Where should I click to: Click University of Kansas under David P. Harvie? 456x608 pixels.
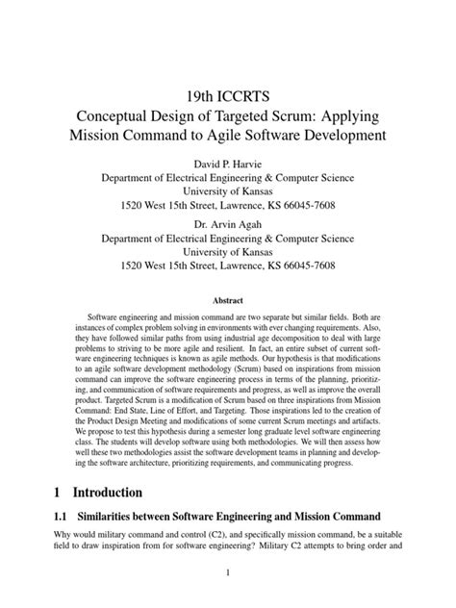click(228, 190)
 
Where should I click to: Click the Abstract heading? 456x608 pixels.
click(228, 301)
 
